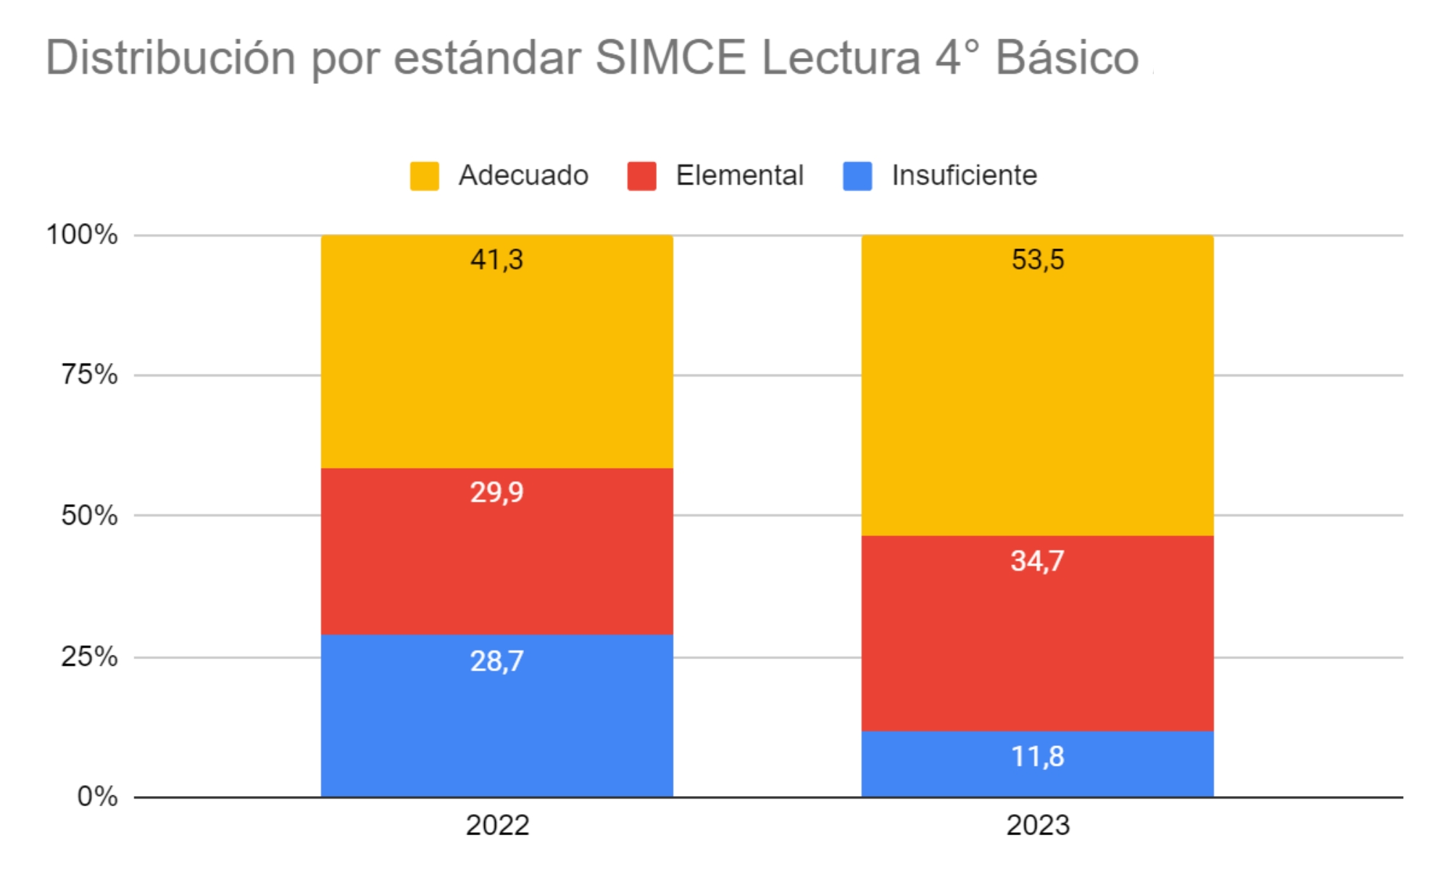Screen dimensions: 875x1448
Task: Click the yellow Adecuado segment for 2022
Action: coord(497,362)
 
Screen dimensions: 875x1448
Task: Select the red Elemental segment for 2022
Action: coord(497,565)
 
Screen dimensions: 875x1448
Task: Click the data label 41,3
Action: coord(497,259)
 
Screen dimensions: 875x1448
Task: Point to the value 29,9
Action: coord(497,493)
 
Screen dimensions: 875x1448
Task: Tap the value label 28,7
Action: coord(497,661)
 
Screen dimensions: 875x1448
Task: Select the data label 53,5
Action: coord(1038,259)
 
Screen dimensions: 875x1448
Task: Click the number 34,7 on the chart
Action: coord(1037,561)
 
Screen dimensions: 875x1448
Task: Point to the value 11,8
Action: coord(1037,757)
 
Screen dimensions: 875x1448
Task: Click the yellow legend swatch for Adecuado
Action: coord(425,176)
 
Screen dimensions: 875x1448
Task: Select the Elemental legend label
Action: coord(739,175)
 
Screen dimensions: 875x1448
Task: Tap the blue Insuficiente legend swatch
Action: coord(857,176)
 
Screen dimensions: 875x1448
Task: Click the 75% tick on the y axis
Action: coord(89,374)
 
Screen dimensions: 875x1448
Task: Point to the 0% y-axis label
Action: coord(97,797)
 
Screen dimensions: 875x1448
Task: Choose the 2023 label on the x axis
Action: coord(1038,826)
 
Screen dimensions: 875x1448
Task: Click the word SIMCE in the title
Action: coord(670,58)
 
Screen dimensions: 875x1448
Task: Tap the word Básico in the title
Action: coord(1067,58)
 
